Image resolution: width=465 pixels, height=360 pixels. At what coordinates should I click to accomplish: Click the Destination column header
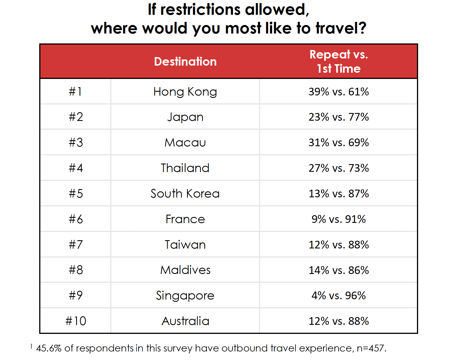coord(185,62)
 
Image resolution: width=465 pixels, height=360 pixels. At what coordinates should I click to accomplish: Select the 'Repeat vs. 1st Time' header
coord(339,61)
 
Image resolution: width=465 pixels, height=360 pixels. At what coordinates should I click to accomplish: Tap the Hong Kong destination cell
coord(185,92)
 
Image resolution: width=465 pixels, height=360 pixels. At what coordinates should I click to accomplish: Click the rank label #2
coord(76,117)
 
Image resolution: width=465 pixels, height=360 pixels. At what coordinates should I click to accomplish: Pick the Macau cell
coord(185,143)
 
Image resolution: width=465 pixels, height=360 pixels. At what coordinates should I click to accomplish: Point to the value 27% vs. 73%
coord(339,168)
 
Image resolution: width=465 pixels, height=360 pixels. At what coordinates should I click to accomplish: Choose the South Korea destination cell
coord(185,194)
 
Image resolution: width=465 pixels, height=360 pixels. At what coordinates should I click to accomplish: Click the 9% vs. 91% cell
coord(339,219)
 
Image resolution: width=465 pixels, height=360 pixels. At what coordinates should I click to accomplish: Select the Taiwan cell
coord(185,245)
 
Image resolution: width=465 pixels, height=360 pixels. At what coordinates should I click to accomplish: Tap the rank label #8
coord(76,270)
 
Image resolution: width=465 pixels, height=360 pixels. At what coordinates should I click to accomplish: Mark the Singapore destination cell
coord(185,296)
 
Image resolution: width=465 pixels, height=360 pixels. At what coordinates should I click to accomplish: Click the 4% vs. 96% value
coord(339,296)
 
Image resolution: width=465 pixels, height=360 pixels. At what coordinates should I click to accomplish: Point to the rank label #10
coord(76,321)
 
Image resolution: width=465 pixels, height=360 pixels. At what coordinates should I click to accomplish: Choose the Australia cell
coord(185,321)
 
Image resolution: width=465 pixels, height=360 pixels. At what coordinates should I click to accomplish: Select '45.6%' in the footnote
coord(49,348)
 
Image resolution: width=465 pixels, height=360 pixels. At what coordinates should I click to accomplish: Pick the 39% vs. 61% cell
coord(339,92)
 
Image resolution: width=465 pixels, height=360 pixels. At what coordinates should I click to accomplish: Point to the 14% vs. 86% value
coord(339,270)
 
